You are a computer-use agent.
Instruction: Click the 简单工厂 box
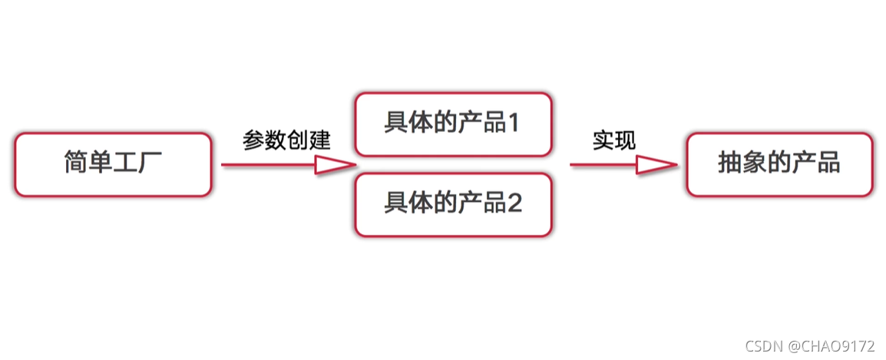click(113, 164)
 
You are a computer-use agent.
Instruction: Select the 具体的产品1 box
click(453, 124)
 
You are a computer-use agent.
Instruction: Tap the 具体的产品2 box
click(453, 204)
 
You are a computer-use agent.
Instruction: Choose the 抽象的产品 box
click(779, 164)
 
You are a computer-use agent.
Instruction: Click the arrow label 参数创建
click(286, 140)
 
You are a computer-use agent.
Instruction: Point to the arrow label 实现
click(614, 140)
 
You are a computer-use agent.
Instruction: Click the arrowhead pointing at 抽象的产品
click(656, 164)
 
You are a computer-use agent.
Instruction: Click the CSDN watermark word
click(762, 346)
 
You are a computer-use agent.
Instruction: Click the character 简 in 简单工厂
click(76, 163)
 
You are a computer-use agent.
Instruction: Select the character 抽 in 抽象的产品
click(730, 163)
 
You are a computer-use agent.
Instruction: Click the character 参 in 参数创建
click(253, 140)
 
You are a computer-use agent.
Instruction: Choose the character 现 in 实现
click(625, 140)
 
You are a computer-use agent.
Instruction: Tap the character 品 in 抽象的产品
click(828, 163)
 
